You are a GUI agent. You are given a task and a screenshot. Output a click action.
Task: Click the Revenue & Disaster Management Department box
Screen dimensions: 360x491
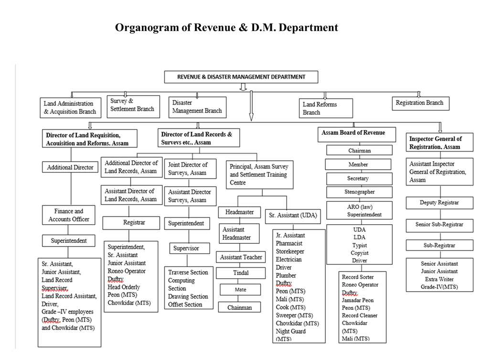(x=241, y=76)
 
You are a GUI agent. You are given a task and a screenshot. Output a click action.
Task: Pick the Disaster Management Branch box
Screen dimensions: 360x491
(x=197, y=107)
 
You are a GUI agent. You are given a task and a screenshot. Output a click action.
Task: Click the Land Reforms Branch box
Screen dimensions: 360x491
(x=327, y=108)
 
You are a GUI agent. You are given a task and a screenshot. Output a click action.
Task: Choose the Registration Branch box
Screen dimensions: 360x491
(x=419, y=103)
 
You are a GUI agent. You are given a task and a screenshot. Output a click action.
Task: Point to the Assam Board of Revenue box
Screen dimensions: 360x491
(x=357, y=134)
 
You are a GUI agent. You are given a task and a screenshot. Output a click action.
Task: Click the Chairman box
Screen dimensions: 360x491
(x=359, y=151)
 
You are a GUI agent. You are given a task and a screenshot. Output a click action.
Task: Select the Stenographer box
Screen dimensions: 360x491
(x=359, y=192)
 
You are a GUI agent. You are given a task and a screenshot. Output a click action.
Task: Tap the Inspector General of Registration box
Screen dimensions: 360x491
(x=440, y=142)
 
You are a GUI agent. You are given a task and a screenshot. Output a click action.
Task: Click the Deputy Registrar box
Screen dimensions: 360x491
(x=439, y=203)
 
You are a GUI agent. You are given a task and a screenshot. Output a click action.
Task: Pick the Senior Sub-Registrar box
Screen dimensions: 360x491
(x=439, y=225)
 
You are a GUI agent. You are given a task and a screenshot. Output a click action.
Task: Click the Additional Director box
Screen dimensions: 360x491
(x=70, y=167)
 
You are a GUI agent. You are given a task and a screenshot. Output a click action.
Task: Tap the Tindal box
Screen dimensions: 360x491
(x=241, y=273)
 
